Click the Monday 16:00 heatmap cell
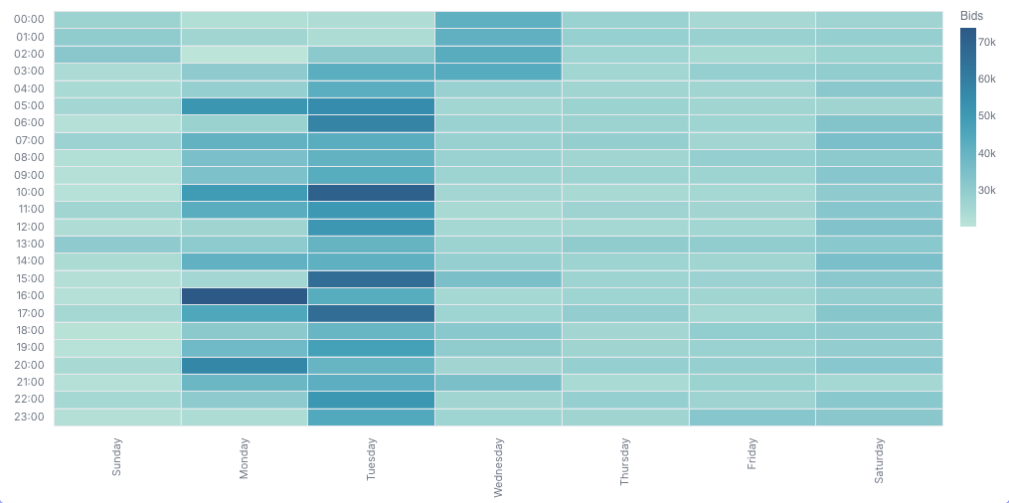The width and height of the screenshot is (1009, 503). pyautogui.click(x=245, y=296)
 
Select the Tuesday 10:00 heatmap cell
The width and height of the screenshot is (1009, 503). pyautogui.click(x=371, y=192)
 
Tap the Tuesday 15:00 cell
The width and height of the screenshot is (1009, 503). pyautogui.click(x=371, y=278)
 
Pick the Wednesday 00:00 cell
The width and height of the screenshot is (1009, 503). pyautogui.click(x=498, y=19)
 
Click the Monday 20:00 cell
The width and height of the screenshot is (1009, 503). pyautogui.click(x=245, y=365)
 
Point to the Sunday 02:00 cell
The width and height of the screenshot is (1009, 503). pyautogui.click(x=117, y=54)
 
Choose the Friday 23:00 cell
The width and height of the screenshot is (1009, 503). pyautogui.click(x=752, y=417)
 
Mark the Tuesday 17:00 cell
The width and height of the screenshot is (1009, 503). pyautogui.click(x=371, y=313)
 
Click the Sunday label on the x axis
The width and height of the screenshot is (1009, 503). pyautogui.click(x=117, y=458)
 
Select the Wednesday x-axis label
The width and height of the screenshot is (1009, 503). pyautogui.click(x=498, y=467)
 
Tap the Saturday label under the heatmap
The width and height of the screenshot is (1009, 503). pyautogui.click(x=879, y=461)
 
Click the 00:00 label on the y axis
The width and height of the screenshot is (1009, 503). pyautogui.click(x=29, y=19)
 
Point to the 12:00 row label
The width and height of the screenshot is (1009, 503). pyautogui.click(x=29, y=227)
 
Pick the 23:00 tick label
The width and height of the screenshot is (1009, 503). pyautogui.click(x=29, y=417)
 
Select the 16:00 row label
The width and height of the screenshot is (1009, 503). pyautogui.click(x=29, y=296)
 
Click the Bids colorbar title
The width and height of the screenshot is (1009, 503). pyautogui.click(x=971, y=16)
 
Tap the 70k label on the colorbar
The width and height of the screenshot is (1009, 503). pyautogui.click(x=987, y=42)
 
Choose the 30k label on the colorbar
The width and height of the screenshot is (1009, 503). pyautogui.click(x=987, y=190)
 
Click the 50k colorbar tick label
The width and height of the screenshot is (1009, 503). pyautogui.click(x=987, y=116)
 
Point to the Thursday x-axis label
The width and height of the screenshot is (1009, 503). pyautogui.click(x=625, y=462)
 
